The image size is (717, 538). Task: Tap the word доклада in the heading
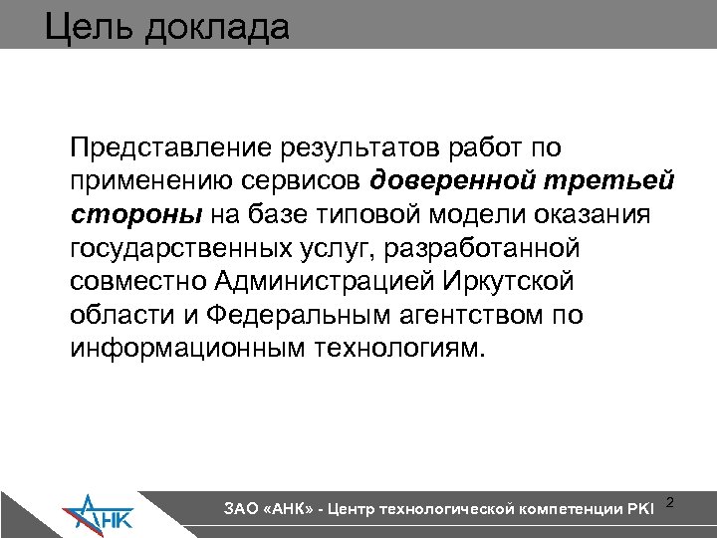216,25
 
